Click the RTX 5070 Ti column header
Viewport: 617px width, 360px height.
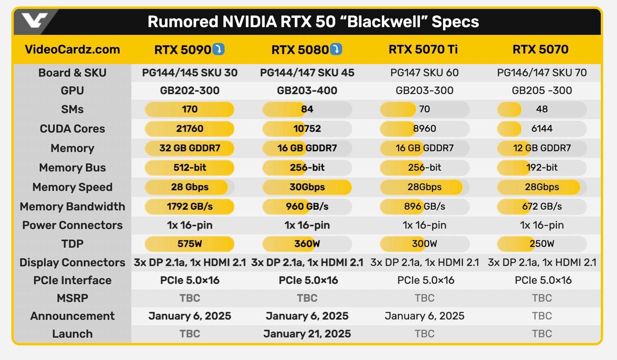pyautogui.click(x=423, y=49)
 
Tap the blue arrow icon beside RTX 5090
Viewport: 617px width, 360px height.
pyautogui.click(x=219, y=49)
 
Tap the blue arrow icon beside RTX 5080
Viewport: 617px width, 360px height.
pyautogui.click(x=336, y=49)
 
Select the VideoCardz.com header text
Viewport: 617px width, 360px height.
pyautogui.click(x=72, y=49)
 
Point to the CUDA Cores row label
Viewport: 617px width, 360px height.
pyautogui.click(x=72, y=129)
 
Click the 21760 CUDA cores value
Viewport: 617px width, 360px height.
pyautogui.click(x=189, y=129)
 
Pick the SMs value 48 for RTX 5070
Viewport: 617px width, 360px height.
pyautogui.click(x=542, y=109)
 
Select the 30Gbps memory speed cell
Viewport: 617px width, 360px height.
pyautogui.click(x=307, y=187)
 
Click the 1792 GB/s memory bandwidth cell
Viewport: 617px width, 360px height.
pyautogui.click(x=189, y=206)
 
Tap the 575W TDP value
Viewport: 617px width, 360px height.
pyautogui.click(x=189, y=244)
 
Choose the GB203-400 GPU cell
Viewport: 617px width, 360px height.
pyautogui.click(x=307, y=90)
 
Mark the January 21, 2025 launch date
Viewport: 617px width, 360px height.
pyautogui.click(x=307, y=334)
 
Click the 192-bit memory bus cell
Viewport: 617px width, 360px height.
pyautogui.click(x=542, y=167)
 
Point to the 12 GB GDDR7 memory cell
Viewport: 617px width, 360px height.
pyautogui.click(x=542, y=148)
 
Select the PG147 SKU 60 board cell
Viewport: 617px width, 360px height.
pyautogui.click(x=424, y=73)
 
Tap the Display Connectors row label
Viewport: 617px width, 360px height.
pyautogui.click(x=72, y=262)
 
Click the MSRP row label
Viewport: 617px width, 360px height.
pyautogui.click(x=72, y=298)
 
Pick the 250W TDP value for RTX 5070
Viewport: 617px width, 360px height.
pyautogui.click(x=542, y=244)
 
